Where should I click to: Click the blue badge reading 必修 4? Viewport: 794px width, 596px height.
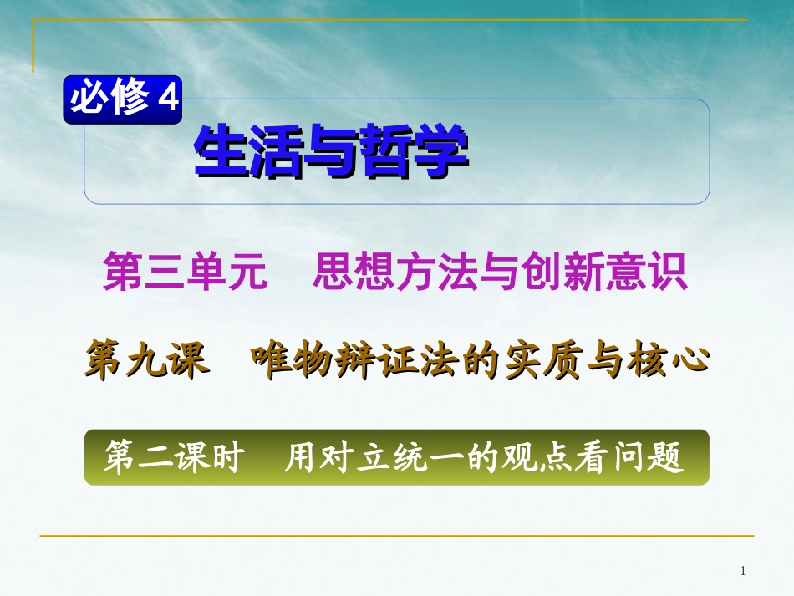point(123,99)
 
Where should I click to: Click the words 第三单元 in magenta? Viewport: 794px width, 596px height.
point(185,273)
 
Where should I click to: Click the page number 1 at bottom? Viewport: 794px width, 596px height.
point(743,571)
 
